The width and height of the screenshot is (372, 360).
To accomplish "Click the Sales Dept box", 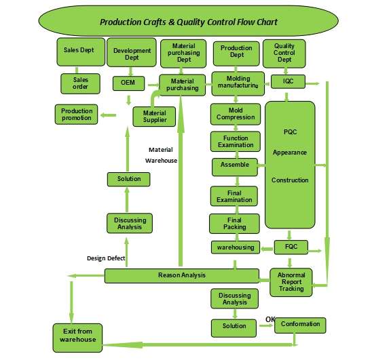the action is (81, 52).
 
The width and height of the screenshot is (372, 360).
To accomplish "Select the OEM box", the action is (128, 83).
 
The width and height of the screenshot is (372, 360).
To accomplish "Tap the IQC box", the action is (288, 81).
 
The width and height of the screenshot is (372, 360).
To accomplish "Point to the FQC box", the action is (291, 247).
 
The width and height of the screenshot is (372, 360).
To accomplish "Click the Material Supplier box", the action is (154, 117).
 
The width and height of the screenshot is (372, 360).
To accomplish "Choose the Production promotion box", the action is (76, 114).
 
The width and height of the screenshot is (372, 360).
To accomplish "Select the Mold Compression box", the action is (236, 114).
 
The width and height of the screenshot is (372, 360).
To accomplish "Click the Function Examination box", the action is (236, 142).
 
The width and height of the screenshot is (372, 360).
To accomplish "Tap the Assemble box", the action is (235, 167).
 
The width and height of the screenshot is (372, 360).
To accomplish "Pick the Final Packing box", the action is (234, 224).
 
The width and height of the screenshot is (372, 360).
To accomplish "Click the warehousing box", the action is (236, 247).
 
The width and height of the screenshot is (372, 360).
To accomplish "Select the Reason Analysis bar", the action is (182, 276).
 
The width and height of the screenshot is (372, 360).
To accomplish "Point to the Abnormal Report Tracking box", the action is (291, 282).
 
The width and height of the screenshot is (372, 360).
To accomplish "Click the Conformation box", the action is (300, 325).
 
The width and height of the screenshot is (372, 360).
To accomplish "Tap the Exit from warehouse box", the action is (77, 338).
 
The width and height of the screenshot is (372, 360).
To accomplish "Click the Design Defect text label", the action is (106, 258).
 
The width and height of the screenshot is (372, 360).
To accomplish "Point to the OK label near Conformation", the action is (270, 319).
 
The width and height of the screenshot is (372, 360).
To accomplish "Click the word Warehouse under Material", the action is (161, 161).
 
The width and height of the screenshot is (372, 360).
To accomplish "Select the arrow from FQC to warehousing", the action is (267, 249).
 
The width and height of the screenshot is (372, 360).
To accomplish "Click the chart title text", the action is (189, 22).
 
